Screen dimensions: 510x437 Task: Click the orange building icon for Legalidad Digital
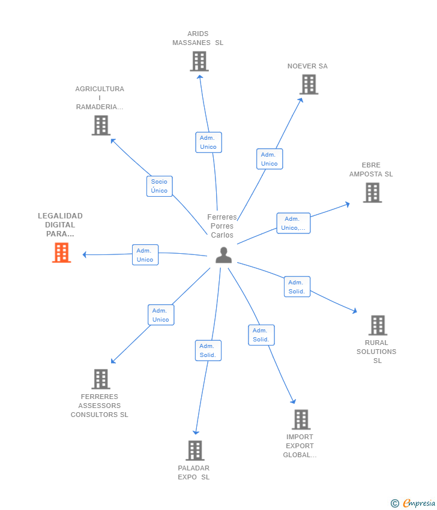coord(61,253)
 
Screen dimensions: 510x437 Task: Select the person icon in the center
coord(223,255)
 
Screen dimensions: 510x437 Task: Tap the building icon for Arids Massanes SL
coord(199,61)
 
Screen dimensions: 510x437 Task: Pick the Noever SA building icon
coord(309,85)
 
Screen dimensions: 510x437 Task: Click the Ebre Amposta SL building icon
coord(372,193)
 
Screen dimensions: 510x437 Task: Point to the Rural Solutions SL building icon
coord(377,325)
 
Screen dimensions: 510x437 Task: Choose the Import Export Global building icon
coord(301,419)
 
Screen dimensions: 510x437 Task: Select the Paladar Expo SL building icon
coord(194,451)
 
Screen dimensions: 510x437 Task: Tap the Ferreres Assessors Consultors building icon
coord(100,379)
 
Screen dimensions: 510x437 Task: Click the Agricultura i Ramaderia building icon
coord(101,125)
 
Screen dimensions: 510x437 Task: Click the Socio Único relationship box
coord(160,186)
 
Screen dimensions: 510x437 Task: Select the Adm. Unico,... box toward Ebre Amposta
coord(293,223)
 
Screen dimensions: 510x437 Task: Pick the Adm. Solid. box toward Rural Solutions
coord(297,287)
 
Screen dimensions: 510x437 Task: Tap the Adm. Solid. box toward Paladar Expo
coord(208,350)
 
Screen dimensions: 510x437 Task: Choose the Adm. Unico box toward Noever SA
coord(270,159)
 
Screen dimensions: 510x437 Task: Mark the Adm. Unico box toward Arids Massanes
coord(208,142)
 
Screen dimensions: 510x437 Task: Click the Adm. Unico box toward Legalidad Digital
coord(145,255)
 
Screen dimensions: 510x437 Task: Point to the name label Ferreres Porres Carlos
coord(222,226)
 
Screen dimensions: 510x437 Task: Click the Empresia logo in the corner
coord(414,503)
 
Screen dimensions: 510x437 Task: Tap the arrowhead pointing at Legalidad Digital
coord(85,255)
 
